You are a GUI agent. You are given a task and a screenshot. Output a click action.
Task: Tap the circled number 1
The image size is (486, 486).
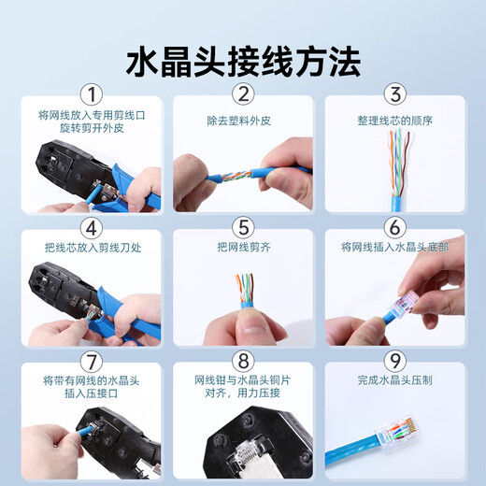pyautogui.click(x=91, y=95)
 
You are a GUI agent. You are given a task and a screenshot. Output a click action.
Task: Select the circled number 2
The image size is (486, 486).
pyautogui.click(x=243, y=95)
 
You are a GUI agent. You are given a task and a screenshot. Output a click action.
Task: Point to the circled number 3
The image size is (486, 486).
pyautogui.click(x=394, y=95)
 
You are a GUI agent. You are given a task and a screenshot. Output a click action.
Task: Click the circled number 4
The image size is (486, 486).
pyautogui.click(x=91, y=227)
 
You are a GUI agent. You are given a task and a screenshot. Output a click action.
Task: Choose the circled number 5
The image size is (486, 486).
pyautogui.click(x=243, y=227)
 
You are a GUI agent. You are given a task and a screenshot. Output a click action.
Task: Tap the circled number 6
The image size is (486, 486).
pyautogui.click(x=394, y=227)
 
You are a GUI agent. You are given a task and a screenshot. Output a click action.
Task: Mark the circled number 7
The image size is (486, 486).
pyautogui.click(x=91, y=360)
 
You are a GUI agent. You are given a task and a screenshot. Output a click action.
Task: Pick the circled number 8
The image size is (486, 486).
pyautogui.click(x=243, y=360)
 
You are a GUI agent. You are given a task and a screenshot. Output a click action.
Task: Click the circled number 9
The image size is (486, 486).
pyautogui.click(x=394, y=360)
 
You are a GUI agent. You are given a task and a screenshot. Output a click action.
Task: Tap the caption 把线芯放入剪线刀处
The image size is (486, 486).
pyautogui.click(x=91, y=248)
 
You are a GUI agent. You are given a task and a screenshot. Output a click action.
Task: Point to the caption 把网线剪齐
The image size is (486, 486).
pyautogui.click(x=243, y=248)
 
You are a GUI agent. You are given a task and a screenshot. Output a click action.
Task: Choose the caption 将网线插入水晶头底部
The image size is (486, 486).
pyautogui.click(x=394, y=248)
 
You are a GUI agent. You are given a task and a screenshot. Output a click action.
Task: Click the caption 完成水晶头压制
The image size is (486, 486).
pyautogui.click(x=394, y=380)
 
